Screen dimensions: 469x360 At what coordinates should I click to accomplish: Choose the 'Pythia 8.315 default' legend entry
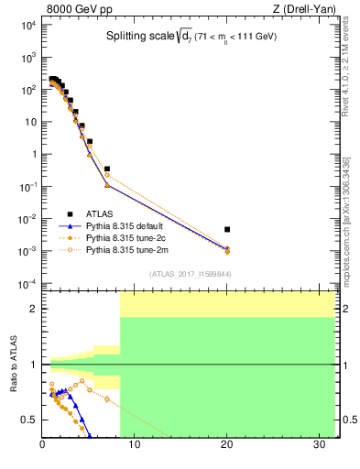click(x=127, y=225)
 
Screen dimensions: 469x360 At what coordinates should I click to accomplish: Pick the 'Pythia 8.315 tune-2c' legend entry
click(x=127, y=237)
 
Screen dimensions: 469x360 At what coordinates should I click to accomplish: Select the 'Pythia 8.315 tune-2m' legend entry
click(x=127, y=249)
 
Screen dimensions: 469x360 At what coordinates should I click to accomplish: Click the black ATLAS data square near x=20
click(x=227, y=229)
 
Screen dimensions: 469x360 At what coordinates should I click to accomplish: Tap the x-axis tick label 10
click(x=135, y=446)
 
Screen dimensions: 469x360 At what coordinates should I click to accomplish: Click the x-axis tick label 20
click(x=226, y=446)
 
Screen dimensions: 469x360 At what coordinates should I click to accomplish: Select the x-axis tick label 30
click(x=319, y=446)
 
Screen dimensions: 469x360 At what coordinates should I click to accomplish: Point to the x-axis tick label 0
click(x=42, y=446)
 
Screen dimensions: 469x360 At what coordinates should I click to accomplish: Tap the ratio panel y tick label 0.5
click(x=30, y=420)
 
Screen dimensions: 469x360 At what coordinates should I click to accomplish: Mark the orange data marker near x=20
click(x=227, y=251)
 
